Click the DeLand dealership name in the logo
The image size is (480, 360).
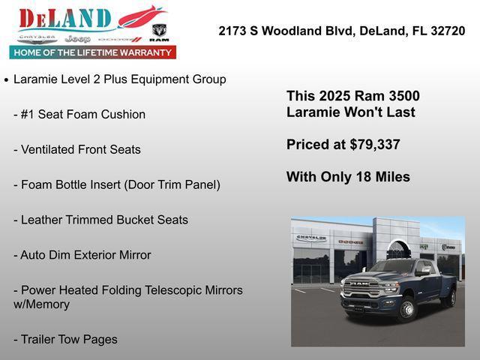[65, 18]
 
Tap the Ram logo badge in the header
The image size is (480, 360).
[159, 31]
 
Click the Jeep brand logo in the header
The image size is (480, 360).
[77, 38]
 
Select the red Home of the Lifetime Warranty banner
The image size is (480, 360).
[93, 52]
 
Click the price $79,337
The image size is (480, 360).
[375, 145]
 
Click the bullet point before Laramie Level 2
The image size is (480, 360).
[7, 79]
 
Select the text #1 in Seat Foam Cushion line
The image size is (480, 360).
[29, 114]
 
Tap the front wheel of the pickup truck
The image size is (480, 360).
[406, 308]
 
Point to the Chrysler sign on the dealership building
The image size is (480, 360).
[311, 238]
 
